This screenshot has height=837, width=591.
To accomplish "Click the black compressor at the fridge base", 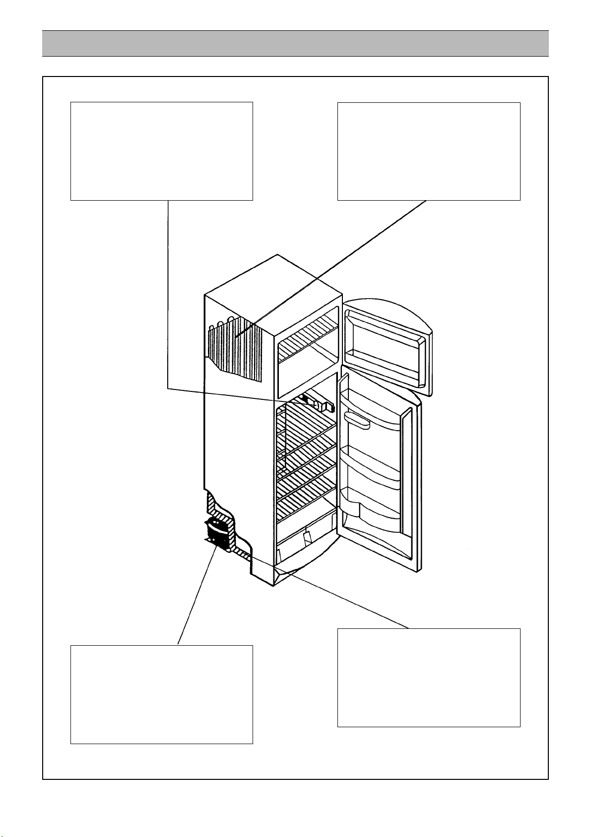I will pos(217,533).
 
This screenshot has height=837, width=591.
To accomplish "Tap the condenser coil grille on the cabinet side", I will pos(234,348).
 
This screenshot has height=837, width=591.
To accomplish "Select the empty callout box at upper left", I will pos(162,151).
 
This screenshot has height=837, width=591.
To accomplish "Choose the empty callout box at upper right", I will pos(429,151).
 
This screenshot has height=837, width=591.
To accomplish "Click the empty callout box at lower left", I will pos(162,694).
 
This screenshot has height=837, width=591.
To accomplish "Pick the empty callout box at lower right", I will pos(429,677).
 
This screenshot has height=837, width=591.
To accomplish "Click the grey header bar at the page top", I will pos(295,43).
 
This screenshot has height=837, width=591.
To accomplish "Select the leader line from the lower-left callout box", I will pos(196,596).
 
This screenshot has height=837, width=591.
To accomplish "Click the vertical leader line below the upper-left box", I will pos(168,293).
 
